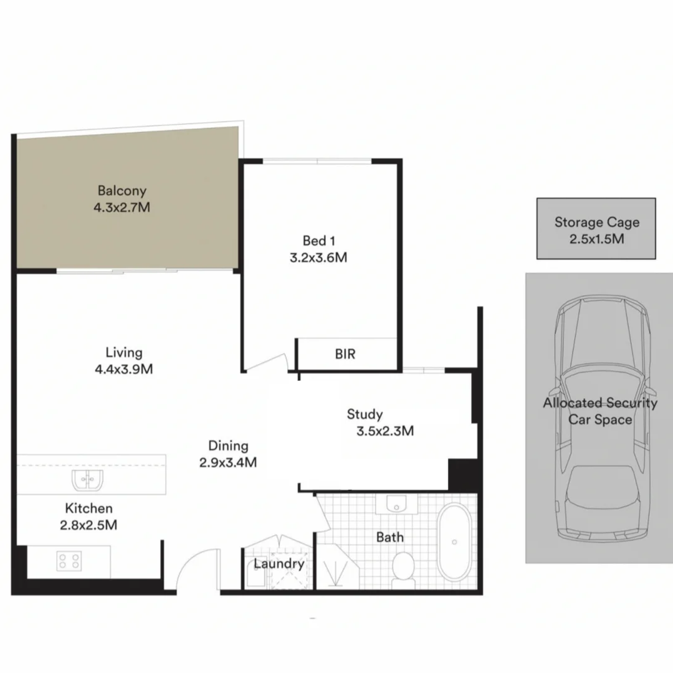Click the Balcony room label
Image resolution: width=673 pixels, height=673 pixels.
pyautogui.click(x=122, y=191)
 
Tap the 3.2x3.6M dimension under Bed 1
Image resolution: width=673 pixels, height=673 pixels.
pyautogui.click(x=318, y=257)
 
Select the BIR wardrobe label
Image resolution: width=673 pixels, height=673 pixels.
pyautogui.click(x=345, y=354)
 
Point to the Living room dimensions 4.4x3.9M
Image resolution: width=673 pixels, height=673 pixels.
pyautogui.click(x=123, y=369)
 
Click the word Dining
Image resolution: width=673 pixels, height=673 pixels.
pyautogui.click(x=228, y=446)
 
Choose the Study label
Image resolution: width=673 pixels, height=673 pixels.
pyautogui.click(x=365, y=414)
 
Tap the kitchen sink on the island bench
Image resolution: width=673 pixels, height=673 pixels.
pyautogui.click(x=87, y=480)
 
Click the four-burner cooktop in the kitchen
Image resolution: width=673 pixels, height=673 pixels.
pyautogui.click(x=68, y=560)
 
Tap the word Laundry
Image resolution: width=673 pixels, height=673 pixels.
pyautogui.click(x=279, y=564)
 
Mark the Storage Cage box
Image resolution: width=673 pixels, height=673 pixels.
pyautogui.click(x=596, y=229)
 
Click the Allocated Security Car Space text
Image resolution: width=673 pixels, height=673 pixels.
pyautogui.click(x=599, y=411)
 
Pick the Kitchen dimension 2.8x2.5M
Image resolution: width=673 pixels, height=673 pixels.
pyautogui.click(x=88, y=525)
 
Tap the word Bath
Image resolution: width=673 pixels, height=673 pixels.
pyautogui.click(x=390, y=537)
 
